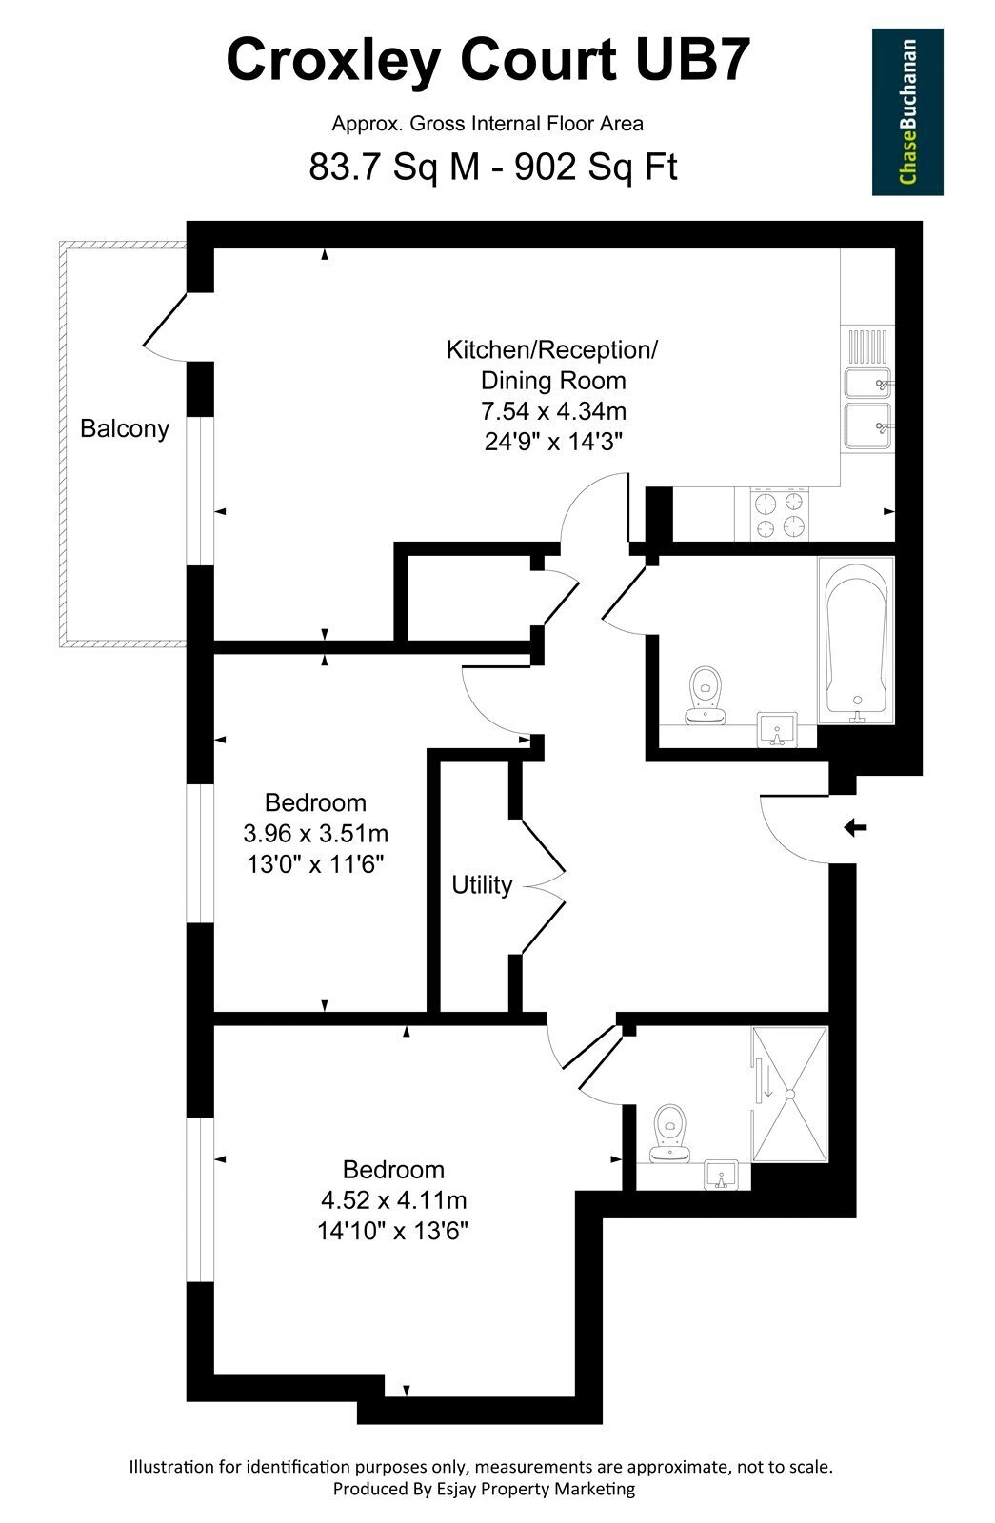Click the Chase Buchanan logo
pyautogui.click(x=907, y=111)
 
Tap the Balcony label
pyautogui.click(x=125, y=429)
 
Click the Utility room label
pyautogui.click(x=482, y=884)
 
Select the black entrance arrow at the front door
pyautogui.click(x=855, y=828)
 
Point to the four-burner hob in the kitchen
pyautogui.click(x=780, y=514)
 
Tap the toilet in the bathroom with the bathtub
pyautogui.click(x=705, y=695)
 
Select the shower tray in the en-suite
pyautogui.click(x=789, y=1095)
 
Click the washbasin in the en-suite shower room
pyautogui.click(x=722, y=1175)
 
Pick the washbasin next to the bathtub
pyautogui.click(x=777, y=729)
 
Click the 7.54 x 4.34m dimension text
pyautogui.click(x=553, y=411)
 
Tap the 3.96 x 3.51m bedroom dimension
pyautogui.click(x=315, y=833)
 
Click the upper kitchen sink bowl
pyautogui.click(x=867, y=384)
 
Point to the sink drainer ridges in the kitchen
pyautogui.click(x=867, y=346)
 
